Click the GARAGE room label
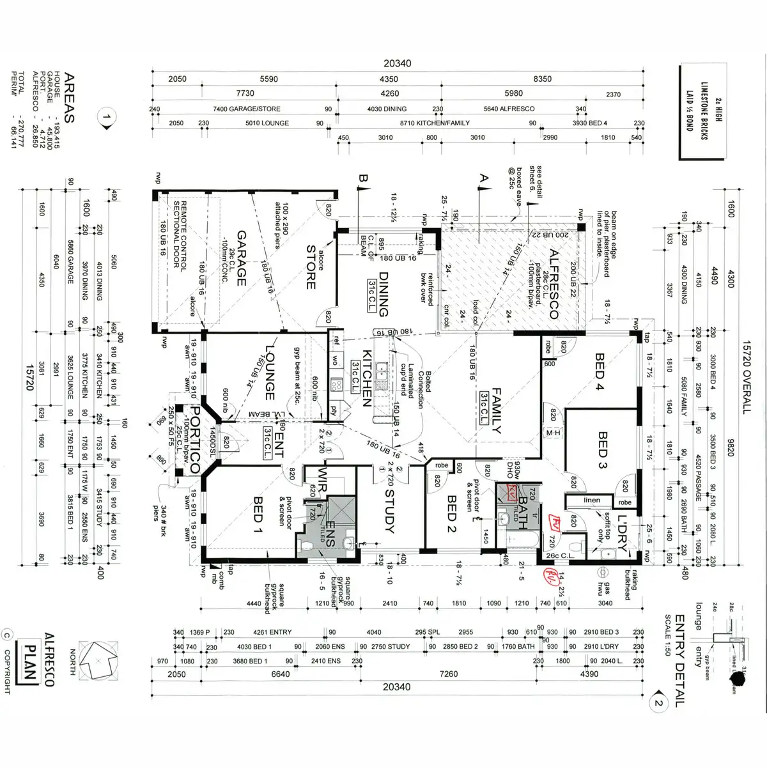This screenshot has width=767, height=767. click(242, 259)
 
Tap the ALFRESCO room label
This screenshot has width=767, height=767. click(554, 284)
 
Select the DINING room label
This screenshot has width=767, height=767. click(384, 295)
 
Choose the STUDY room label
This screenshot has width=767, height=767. click(389, 511)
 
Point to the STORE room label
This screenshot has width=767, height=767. click(311, 267)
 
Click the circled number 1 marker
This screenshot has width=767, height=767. click(107, 118)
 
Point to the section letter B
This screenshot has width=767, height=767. click(364, 180)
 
